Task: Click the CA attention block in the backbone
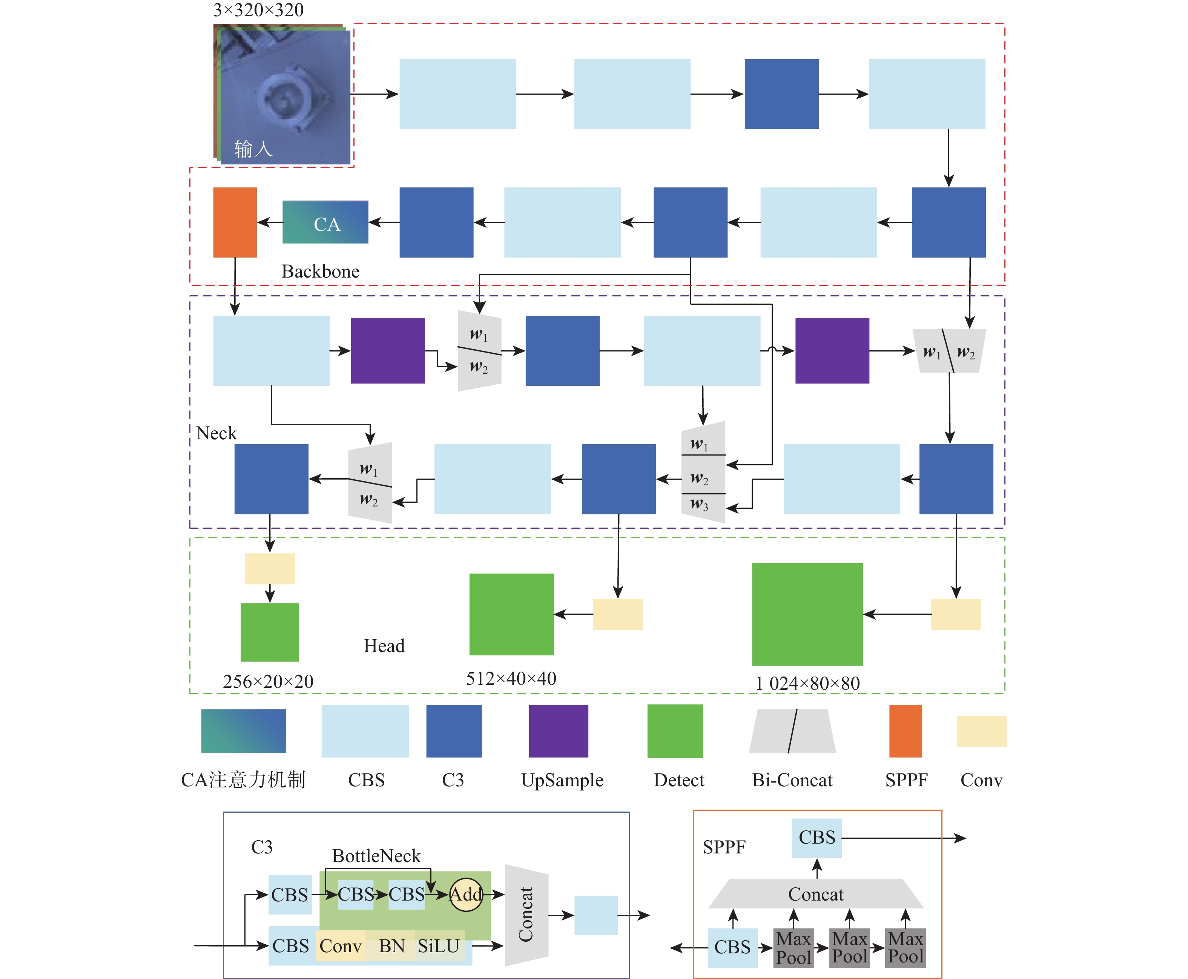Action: tap(325, 223)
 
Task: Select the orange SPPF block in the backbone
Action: tap(235, 222)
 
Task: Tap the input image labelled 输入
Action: tap(285, 96)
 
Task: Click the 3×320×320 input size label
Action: tap(258, 10)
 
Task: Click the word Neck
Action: tap(216, 433)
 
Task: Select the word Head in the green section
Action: tap(384, 646)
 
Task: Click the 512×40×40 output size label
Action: tap(511, 678)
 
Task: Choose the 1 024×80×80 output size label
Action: tap(807, 683)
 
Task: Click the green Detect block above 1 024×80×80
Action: tap(807, 614)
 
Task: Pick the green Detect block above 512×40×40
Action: tap(511, 614)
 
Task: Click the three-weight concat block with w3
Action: tap(703, 473)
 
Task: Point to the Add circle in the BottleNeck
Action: tap(466, 895)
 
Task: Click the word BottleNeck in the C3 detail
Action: tap(376, 856)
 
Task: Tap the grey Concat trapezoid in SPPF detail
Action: tap(816, 894)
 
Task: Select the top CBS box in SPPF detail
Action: tap(817, 838)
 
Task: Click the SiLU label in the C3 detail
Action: tap(439, 946)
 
